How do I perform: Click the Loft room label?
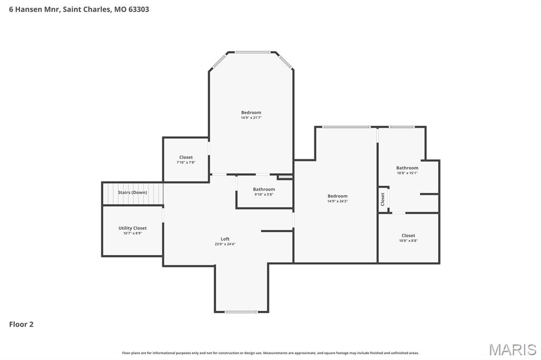[225, 239]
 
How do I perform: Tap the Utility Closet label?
[133, 228]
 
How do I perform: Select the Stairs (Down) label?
[133, 192]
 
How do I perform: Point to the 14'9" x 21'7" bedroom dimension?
[251, 118]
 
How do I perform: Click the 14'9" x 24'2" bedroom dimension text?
[338, 201]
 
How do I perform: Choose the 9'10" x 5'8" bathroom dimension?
[264, 194]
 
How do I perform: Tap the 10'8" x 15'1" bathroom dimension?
[407, 173]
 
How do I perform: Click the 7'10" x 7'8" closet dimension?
[186, 163]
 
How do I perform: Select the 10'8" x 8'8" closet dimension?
[408, 241]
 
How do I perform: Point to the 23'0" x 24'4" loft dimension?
[225, 244]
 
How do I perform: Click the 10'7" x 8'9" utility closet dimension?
[133, 233]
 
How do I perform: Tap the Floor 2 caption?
[21, 325]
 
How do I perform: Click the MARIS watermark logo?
[512, 349]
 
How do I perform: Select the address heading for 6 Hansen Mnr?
[79, 9]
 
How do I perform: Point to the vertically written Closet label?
[383, 199]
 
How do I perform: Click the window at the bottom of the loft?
[241, 312]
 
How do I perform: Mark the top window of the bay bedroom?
[252, 52]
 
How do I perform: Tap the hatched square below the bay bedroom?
[285, 177]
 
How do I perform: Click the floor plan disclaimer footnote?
[270, 353]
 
